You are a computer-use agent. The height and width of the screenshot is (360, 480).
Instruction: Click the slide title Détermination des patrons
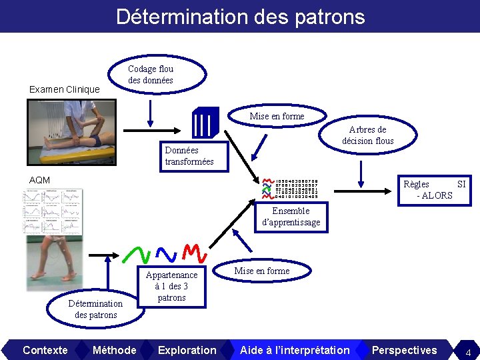tap(240, 16)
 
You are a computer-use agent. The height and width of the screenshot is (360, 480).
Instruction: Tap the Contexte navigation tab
tap(45, 350)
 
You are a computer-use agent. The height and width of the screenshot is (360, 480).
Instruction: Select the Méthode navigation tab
tap(114, 350)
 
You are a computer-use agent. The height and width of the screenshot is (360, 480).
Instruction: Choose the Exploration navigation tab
tap(187, 350)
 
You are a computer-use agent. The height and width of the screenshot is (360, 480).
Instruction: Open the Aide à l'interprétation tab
tap(294, 350)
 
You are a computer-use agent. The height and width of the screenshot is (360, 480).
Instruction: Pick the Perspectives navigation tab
tap(404, 350)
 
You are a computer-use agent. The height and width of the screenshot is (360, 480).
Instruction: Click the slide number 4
tap(468, 351)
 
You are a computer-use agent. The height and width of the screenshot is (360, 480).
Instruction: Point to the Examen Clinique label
tap(65, 89)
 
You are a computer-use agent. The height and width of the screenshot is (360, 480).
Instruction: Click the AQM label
tap(39, 180)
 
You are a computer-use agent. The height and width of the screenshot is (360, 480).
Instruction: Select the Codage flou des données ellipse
tap(151, 74)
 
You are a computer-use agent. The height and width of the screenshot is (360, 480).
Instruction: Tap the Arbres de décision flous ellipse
tap(367, 135)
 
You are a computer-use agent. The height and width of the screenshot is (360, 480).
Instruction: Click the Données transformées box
tap(189, 156)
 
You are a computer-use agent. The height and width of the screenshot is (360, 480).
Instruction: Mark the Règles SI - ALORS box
tap(434, 189)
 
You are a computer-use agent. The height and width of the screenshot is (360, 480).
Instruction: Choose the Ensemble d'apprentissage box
tap(290, 217)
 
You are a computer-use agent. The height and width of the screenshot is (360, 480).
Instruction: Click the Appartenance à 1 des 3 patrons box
tap(171, 286)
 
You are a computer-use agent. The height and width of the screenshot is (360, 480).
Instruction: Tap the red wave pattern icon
tap(192, 252)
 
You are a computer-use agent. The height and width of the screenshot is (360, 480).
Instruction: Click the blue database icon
tap(205, 122)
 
